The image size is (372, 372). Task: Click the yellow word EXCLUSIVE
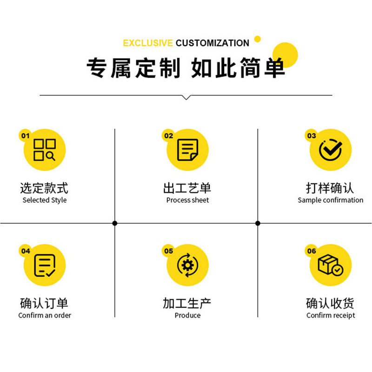(x=148, y=43)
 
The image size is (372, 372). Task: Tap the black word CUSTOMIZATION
(x=213, y=43)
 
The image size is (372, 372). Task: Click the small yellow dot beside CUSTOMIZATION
(x=258, y=39)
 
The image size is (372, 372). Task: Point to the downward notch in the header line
(x=186, y=97)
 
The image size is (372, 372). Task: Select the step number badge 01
(x=25, y=136)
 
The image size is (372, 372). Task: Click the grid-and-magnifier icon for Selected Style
(x=45, y=150)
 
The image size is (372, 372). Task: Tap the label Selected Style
(x=45, y=200)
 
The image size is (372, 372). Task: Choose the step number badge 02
(x=168, y=136)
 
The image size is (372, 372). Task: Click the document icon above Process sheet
(x=187, y=150)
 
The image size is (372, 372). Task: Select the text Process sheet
(x=188, y=200)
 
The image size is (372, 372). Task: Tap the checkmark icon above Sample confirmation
(x=331, y=150)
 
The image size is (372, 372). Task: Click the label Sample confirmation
(x=331, y=200)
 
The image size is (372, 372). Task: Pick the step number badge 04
(x=25, y=251)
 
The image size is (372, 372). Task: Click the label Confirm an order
(x=45, y=316)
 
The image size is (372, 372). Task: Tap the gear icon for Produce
(x=187, y=265)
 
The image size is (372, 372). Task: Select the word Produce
(x=188, y=316)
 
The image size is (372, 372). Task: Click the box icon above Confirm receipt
(x=330, y=265)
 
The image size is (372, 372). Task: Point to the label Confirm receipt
(x=331, y=316)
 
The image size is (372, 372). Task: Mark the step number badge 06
(x=312, y=251)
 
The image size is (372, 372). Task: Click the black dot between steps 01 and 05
(x=115, y=223)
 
